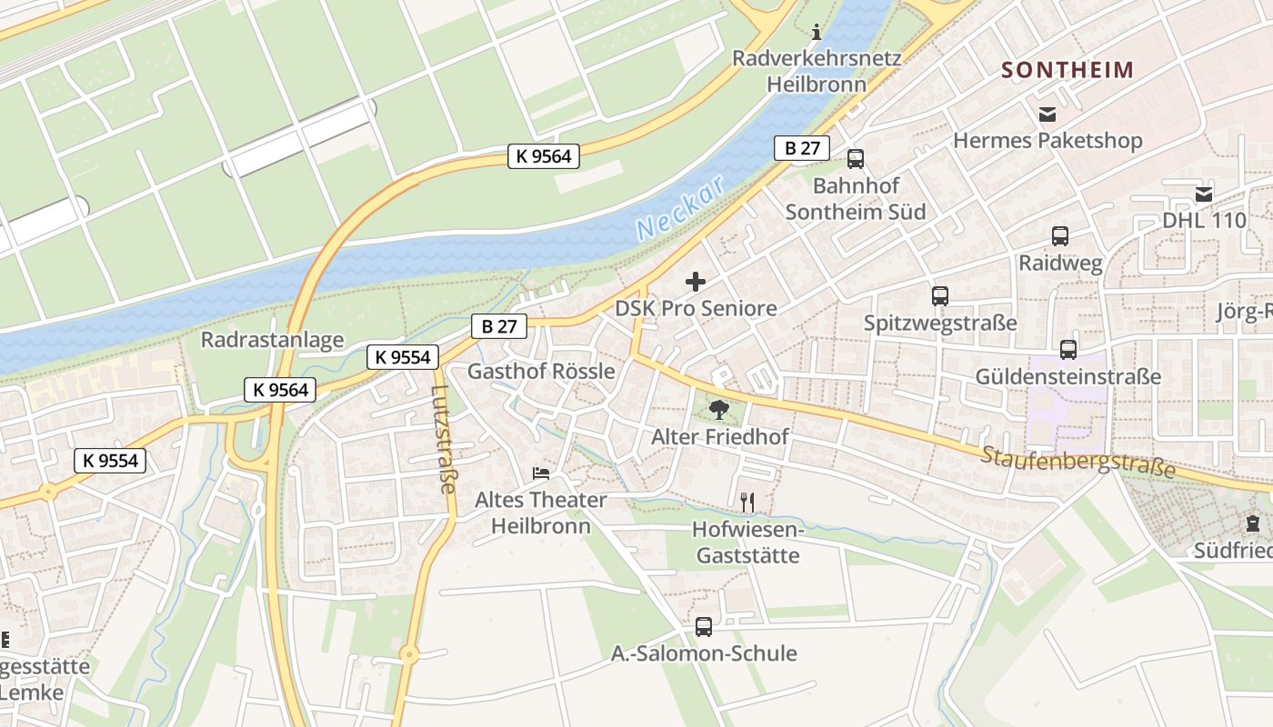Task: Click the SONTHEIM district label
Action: pos(1068,70)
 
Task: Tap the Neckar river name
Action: pos(681,208)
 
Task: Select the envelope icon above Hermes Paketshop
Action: pos(1047,115)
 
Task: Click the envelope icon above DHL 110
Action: pos(1204,194)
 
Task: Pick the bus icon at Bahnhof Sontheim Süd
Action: pos(855,159)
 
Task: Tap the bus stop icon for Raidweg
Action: pos(1060,236)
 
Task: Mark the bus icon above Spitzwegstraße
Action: pos(939,296)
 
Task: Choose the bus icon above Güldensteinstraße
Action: pos(1068,350)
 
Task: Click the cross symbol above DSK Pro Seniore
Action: pos(696,282)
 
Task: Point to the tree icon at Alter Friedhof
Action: pos(719,410)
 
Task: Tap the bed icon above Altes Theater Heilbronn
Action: pos(541,473)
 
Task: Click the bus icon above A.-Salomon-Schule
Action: pos(704,626)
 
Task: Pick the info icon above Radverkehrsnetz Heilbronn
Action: pos(816,33)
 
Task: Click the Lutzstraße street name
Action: pos(442,439)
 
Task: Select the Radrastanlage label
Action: pos(273,341)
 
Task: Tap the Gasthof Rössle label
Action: pos(541,372)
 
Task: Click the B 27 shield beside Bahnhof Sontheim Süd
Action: pos(801,148)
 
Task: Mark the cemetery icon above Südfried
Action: pos(1253,523)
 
